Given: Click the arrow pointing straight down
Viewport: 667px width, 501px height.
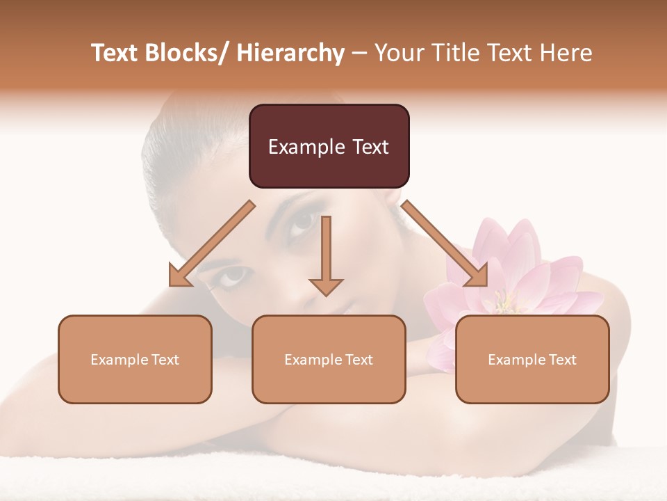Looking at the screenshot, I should pyautogui.click(x=326, y=257).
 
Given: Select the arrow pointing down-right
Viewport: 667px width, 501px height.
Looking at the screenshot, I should pyautogui.click(x=445, y=244).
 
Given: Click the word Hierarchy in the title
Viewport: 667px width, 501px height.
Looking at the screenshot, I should pyautogui.click(x=290, y=53).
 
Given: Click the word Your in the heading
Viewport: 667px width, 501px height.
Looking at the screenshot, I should pyautogui.click(x=397, y=53).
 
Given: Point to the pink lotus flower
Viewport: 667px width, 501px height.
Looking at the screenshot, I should pyautogui.click(x=514, y=278).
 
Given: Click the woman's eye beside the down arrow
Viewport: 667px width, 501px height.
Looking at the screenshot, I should pyautogui.click(x=303, y=221).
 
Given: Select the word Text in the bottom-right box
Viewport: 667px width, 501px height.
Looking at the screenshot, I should pyautogui.click(x=562, y=360).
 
